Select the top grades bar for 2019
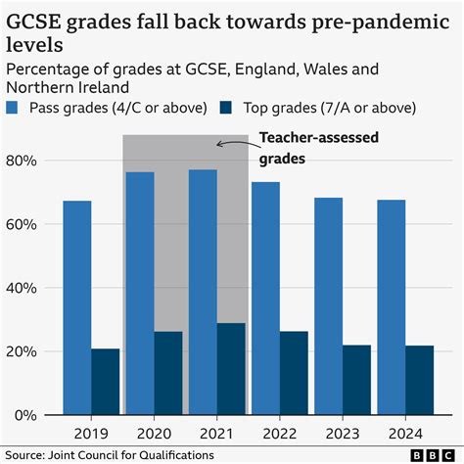coord(106,382)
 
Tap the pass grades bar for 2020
coord(140,294)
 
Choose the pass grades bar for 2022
coord(265,299)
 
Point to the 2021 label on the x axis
coord(216,433)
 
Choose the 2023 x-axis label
coord(342,433)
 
